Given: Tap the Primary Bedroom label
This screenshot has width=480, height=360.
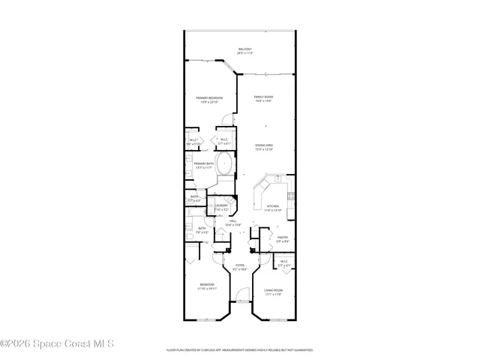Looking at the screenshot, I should (209, 98).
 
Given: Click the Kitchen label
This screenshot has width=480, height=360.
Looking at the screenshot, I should (273, 207).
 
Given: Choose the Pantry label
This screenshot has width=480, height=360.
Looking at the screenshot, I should (282, 238).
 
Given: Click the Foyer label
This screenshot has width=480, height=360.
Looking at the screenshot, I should (240, 265).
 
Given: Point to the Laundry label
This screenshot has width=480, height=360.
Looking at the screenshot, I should (221, 205).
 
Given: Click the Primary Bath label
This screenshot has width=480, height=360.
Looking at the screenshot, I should (204, 164).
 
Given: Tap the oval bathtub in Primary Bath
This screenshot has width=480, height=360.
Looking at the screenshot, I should (226, 164).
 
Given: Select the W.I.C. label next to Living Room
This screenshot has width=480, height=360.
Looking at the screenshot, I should (284, 262).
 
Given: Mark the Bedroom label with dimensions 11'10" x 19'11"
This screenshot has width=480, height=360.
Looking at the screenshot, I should (207, 286).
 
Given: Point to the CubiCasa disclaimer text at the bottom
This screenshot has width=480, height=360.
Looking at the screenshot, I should (239, 349).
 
